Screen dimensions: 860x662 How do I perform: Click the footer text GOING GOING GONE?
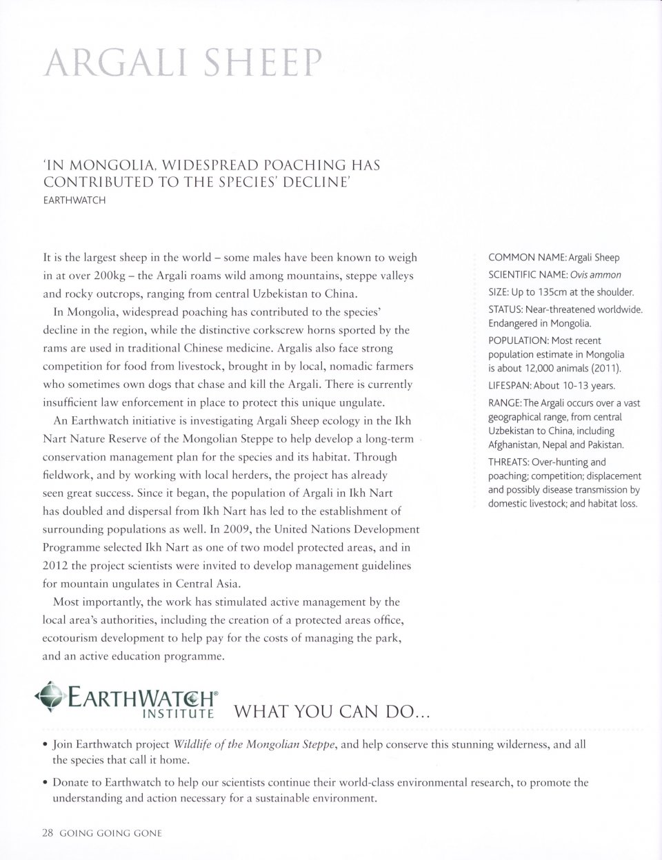(x=110, y=832)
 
